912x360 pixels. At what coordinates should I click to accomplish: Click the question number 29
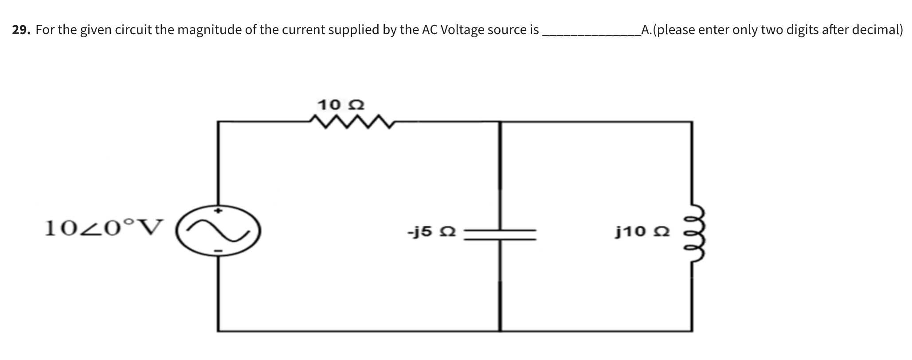[20, 30]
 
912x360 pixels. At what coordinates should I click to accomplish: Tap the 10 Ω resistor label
[341, 106]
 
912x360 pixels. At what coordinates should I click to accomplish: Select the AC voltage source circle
[218, 231]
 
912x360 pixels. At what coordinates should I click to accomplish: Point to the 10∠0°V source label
[104, 228]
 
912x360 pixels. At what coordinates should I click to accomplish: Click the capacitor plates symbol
[501, 235]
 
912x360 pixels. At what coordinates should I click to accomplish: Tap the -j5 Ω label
[431, 231]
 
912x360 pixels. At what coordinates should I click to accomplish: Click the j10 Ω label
[643, 231]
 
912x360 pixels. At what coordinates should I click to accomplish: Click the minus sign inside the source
[218, 252]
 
